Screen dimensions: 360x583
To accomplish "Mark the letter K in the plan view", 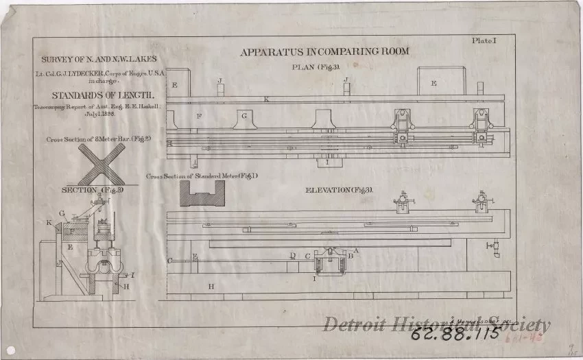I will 266,100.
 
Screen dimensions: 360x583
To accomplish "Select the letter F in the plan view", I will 198,117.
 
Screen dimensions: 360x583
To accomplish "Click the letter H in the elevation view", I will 211,285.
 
